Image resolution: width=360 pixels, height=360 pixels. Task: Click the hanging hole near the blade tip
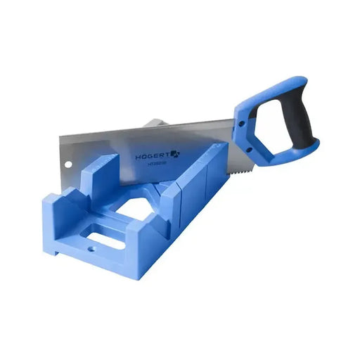(67, 167)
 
